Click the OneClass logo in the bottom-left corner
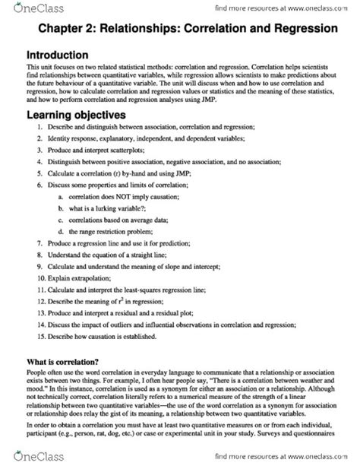[24, 458]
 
